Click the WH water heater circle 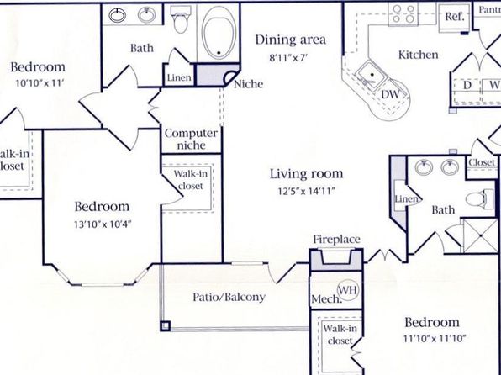349,290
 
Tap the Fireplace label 336,239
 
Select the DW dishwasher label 390,94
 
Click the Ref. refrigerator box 454,18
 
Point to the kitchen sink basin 372,75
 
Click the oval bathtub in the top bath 219,33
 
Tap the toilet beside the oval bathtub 181,19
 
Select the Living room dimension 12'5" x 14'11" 307,191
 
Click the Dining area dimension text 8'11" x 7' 288,58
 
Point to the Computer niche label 191,140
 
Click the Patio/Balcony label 229,297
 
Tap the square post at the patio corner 166,326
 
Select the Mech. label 325,299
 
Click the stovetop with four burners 403,14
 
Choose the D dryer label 467,86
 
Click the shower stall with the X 481,236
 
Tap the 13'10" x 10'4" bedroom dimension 103,224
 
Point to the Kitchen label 419,55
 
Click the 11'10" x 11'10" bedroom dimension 435,338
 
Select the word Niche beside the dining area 249,84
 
